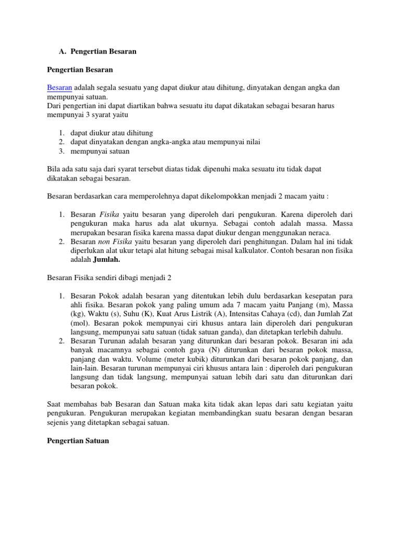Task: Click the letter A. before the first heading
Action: point(61,52)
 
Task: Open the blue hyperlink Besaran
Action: point(59,87)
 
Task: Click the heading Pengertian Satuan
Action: point(78,441)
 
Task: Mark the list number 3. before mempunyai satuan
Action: point(60,151)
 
